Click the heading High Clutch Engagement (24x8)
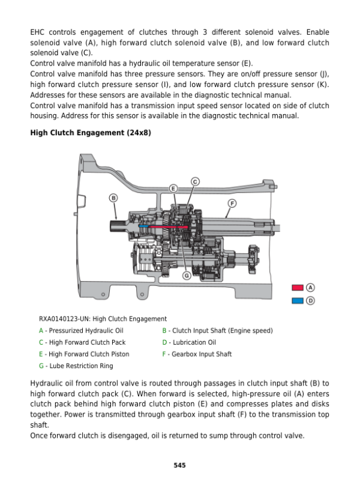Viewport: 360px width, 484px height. tap(90, 132)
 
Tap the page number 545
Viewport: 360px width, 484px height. tap(179, 464)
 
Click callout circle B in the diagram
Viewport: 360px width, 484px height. tap(113, 198)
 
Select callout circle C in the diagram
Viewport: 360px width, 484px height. tap(195, 181)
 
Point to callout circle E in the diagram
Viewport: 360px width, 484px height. tap(173, 189)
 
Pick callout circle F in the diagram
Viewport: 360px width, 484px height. tap(231, 203)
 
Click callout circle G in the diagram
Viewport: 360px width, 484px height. tap(187, 276)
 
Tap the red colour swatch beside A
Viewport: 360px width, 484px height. tap(298, 288)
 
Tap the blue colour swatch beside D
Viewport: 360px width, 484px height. tap(298, 300)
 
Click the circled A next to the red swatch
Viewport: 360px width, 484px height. tap(311, 288)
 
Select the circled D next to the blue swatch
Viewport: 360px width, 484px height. tap(311, 300)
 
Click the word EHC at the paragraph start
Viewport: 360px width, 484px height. tap(38, 32)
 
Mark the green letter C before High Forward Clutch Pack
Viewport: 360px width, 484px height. tap(41, 342)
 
